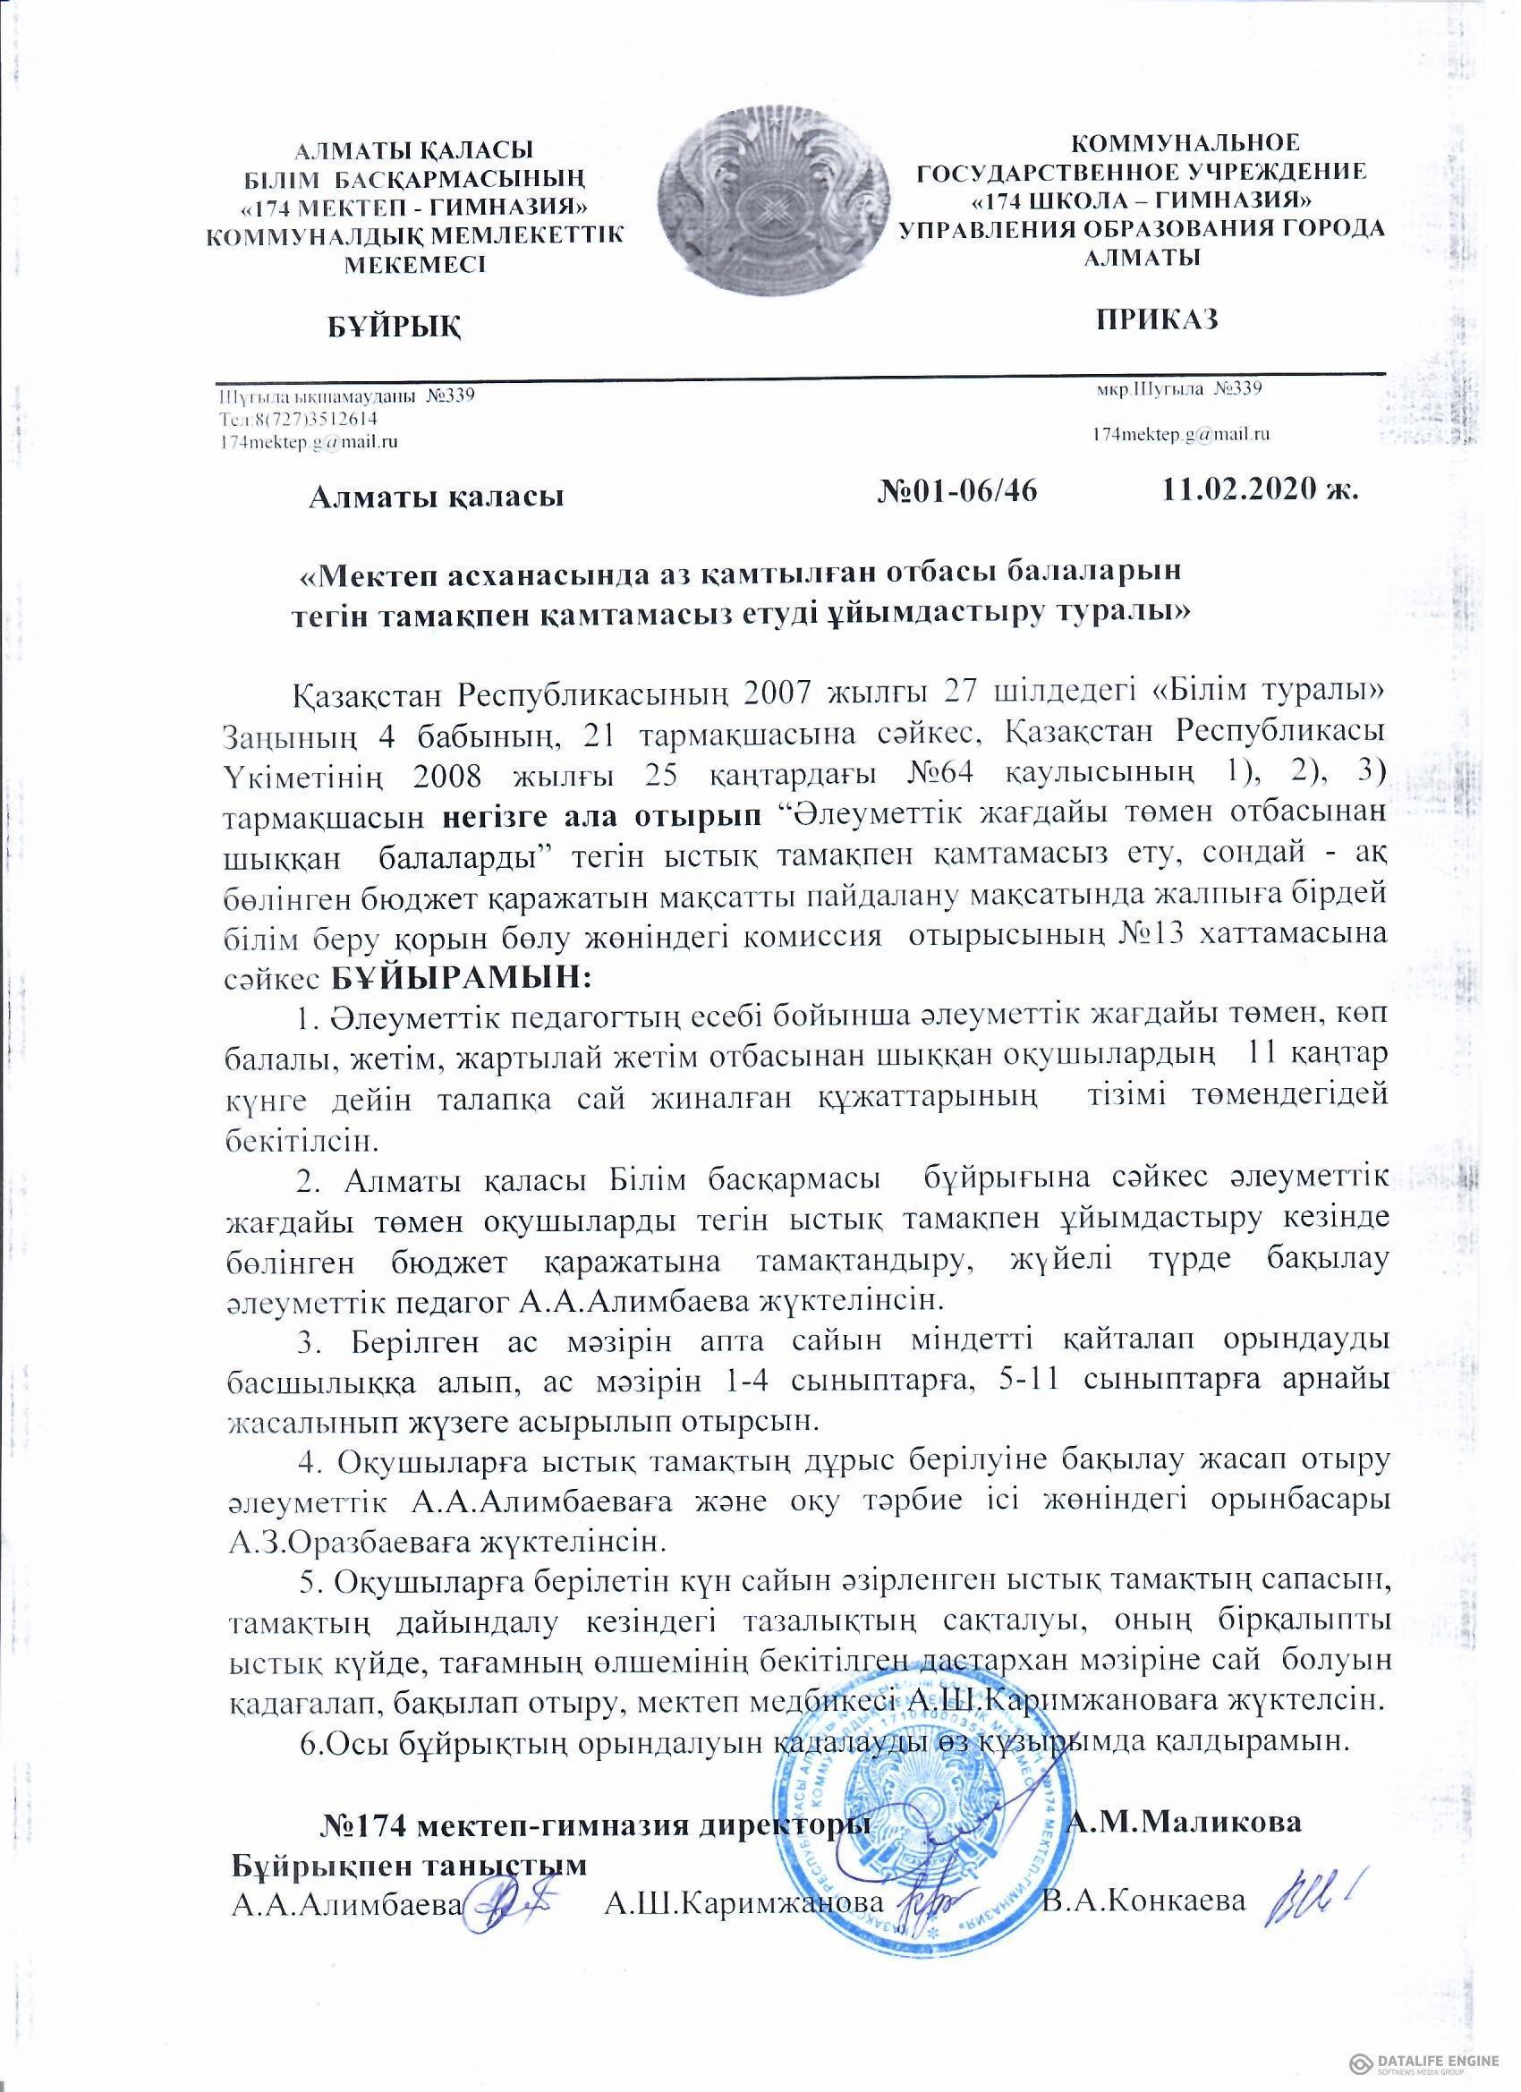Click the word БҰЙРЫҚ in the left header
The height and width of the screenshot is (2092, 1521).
point(395,327)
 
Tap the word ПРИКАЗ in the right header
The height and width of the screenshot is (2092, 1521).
point(1158,319)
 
